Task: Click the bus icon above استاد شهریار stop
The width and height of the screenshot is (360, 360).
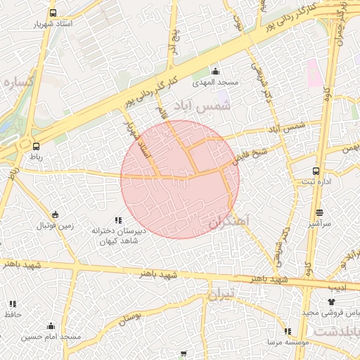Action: coord(52,13)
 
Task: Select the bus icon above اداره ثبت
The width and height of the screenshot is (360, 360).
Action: coord(316,171)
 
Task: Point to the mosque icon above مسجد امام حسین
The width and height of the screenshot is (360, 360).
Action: coord(51,326)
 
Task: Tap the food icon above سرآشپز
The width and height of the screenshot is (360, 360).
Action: coord(319,212)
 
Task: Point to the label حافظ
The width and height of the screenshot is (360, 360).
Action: coord(13,314)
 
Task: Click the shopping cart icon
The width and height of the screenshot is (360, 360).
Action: coord(184,354)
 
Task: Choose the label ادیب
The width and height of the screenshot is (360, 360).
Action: coord(337,287)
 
